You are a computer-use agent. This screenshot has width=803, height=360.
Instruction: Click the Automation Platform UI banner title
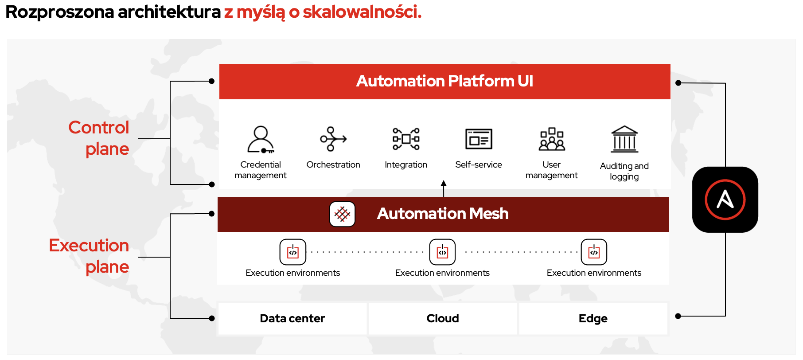pyautogui.click(x=444, y=81)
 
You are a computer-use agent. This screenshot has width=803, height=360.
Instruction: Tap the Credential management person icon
pyautogui.click(x=261, y=139)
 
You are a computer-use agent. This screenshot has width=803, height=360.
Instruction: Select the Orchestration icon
pyautogui.click(x=333, y=139)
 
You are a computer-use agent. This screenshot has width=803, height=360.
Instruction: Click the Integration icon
pyautogui.click(x=406, y=139)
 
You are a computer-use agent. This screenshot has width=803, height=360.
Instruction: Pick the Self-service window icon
pyautogui.click(x=479, y=139)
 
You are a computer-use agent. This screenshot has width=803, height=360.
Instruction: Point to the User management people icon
pyautogui.click(x=552, y=139)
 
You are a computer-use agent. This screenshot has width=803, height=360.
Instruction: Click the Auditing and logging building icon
pyautogui.click(x=624, y=139)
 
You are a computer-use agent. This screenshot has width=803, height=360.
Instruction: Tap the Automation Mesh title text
pyautogui.click(x=443, y=214)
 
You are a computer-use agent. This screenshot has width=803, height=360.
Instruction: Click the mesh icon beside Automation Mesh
pyautogui.click(x=342, y=214)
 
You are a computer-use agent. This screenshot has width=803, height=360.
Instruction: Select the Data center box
pyautogui.click(x=292, y=318)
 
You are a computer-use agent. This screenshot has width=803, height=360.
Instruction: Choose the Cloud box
pyautogui.click(x=443, y=318)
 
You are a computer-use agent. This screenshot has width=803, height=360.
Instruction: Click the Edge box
pyautogui.click(x=593, y=318)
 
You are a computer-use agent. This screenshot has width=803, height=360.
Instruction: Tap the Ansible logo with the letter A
pyautogui.click(x=725, y=200)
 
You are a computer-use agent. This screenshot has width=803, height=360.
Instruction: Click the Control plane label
pyautogui.click(x=98, y=138)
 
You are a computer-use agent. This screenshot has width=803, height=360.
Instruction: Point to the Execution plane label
pyautogui.click(x=89, y=256)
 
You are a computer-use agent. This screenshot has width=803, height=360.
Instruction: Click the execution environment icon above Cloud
pyautogui.click(x=442, y=252)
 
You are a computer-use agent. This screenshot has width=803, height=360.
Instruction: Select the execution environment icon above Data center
pyautogui.click(x=293, y=252)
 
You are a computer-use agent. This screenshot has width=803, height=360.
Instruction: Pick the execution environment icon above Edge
pyautogui.click(x=594, y=252)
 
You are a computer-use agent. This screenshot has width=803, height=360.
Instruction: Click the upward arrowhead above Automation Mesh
pyautogui.click(x=444, y=183)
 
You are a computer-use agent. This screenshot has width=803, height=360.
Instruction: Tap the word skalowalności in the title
pyautogui.click(x=362, y=12)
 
